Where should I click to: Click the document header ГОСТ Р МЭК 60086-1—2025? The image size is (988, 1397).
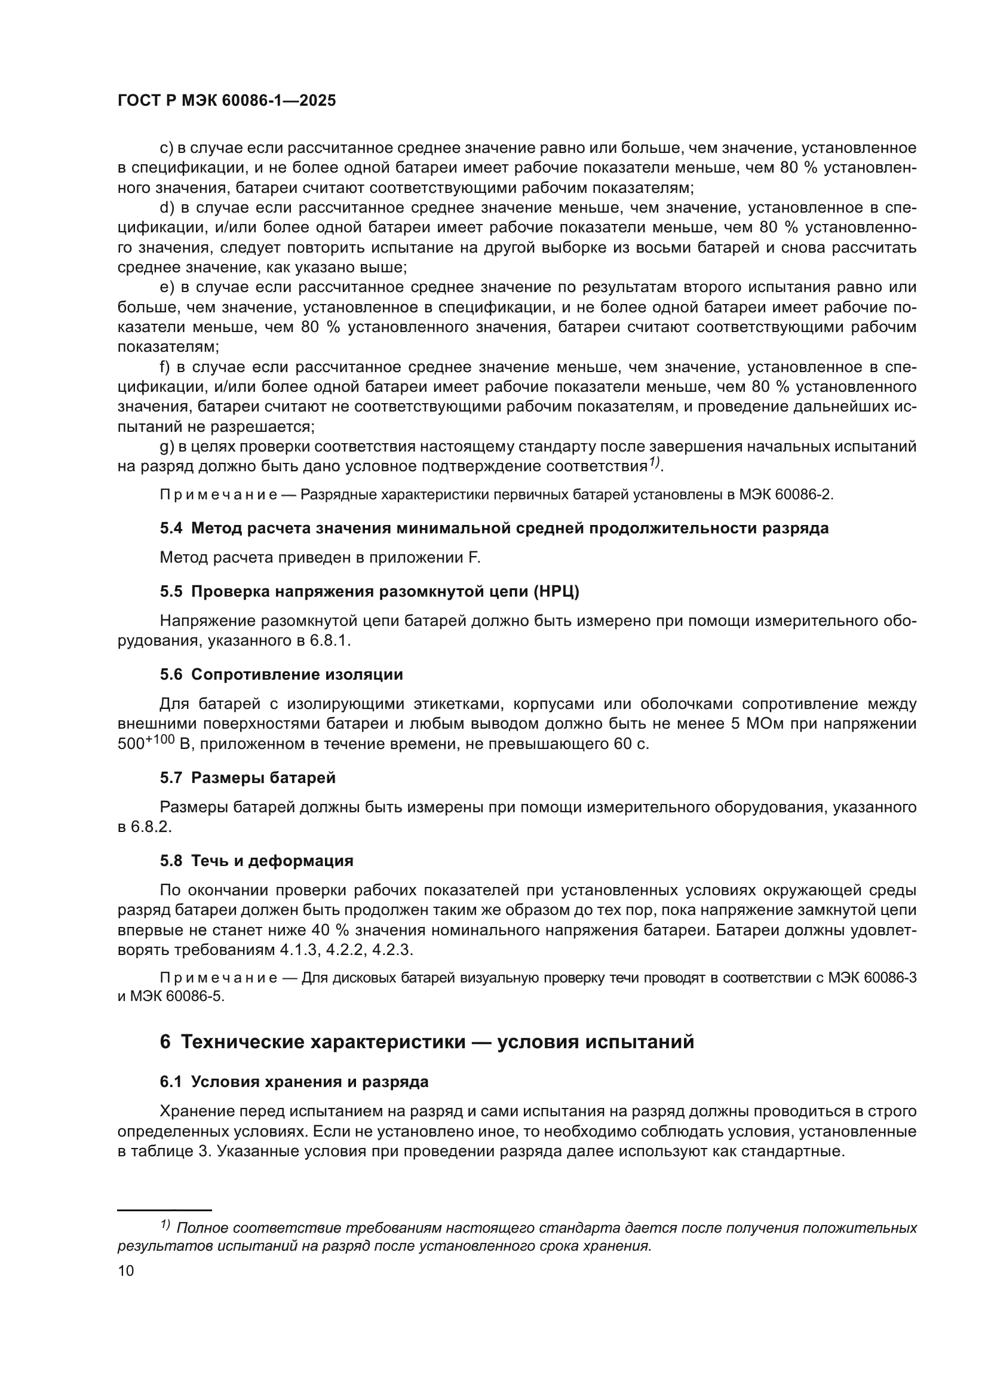[226, 101]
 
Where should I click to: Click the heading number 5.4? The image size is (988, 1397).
[171, 528]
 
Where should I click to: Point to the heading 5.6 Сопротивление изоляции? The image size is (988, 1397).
[281, 674]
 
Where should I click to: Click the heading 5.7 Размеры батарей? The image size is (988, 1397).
[248, 778]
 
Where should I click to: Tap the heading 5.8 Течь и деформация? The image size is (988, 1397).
[256, 860]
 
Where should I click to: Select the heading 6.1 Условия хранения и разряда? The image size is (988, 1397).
[294, 1082]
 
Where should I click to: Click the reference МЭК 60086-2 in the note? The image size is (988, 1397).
[786, 494]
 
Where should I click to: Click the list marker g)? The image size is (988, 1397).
[167, 447]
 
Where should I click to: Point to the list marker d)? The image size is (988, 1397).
[167, 207]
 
